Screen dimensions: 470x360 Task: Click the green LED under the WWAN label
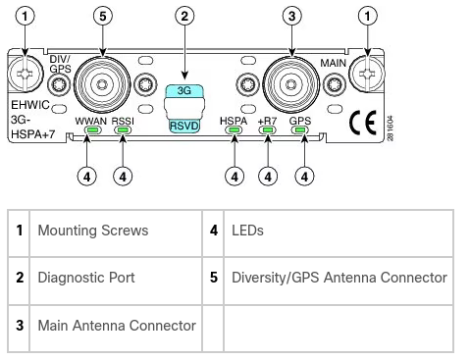coord(92,130)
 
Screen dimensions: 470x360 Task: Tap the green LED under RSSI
coord(123,130)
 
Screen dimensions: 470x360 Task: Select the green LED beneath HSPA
coord(235,130)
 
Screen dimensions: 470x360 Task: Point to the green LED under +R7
coord(268,130)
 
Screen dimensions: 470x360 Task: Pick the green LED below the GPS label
coord(300,130)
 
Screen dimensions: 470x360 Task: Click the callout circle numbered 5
coord(103,16)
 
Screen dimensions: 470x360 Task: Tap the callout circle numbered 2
coord(184,16)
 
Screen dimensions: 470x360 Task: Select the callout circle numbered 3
coord(292,16)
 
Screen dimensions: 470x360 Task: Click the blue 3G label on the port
coord(184,90)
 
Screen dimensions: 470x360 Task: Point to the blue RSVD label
coord(184,126)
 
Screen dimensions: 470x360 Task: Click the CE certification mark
coord(363,123)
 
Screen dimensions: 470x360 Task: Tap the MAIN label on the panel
coord(333,63)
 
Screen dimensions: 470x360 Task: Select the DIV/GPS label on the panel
coord(60,64)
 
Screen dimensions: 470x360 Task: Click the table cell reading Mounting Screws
coord(93,231)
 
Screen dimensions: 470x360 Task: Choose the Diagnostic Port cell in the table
coord(86,278)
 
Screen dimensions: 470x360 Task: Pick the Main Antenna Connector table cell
coord(117,326)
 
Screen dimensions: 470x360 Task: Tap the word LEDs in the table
coord(247,231)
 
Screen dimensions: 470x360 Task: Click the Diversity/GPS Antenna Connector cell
coord(339,278)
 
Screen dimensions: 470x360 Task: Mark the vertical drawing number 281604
coord(390,129)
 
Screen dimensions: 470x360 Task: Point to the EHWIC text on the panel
coord(30,105)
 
